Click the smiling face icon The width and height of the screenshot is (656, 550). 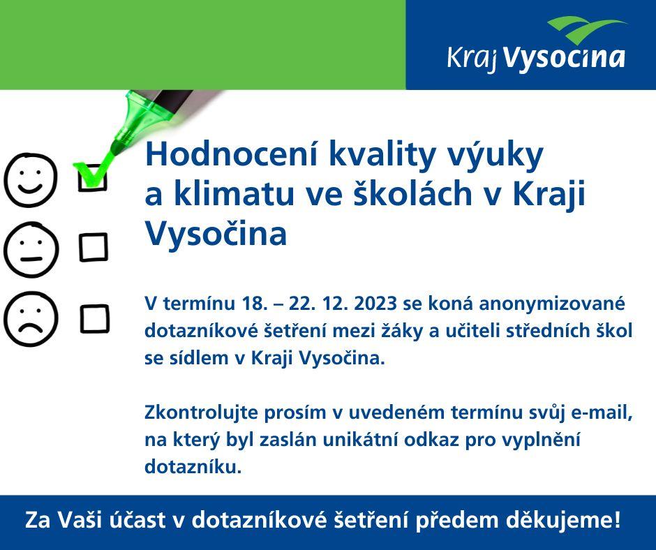pos(30,180)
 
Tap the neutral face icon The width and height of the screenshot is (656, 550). pos(31,250)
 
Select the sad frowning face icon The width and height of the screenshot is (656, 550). pos(31,320)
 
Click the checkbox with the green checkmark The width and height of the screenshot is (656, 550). pos(93,178)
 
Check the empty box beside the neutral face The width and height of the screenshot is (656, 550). pos(94,247)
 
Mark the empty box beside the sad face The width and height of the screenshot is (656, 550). pos(94,319)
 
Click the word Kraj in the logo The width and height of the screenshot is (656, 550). pos(472,59)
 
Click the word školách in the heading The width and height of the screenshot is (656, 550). pos(413,193)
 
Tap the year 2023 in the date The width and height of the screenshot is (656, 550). pos(375,304)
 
